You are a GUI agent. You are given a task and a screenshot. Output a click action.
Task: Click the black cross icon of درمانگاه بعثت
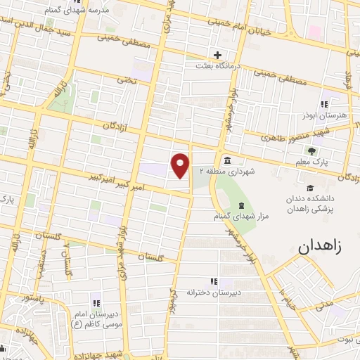click(x=218, y=55)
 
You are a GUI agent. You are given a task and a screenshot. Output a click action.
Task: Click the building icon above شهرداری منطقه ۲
click(x=227, y=160)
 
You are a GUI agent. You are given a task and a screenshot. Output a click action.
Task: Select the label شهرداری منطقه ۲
click(x=225, y=171)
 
